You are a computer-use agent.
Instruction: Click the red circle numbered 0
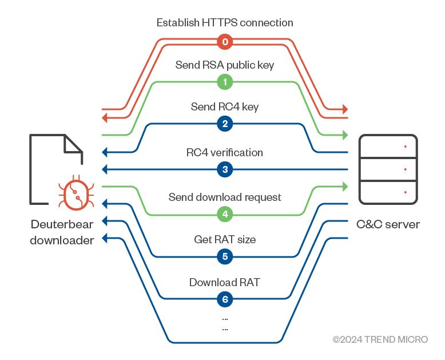click(225, 42)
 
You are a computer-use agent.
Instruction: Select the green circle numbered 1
click(225, 82)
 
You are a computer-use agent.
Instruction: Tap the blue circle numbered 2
click(225, 124)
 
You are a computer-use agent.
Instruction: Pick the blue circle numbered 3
click(225, 169)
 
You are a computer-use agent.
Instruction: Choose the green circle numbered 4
click(225, 215)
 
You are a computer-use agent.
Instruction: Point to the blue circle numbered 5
click(225, 256)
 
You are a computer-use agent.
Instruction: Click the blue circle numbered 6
click(225, 299)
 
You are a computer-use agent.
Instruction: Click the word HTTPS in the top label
click(219, 23)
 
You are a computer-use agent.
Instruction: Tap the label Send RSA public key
click(225, 65)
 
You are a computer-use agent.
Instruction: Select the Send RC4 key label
click(225, 107)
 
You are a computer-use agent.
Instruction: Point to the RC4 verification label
click(225, 153)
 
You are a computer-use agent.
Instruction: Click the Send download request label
click(225, 197)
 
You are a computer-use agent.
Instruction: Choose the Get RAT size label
click(225, 239)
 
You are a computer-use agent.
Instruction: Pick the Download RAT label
click(225, 282)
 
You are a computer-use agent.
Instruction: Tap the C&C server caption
click(388, 224)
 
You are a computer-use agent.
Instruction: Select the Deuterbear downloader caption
click(62, 232)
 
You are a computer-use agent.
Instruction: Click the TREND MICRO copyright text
click(380, 339)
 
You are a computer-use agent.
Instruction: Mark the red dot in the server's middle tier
click(405, 169)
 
